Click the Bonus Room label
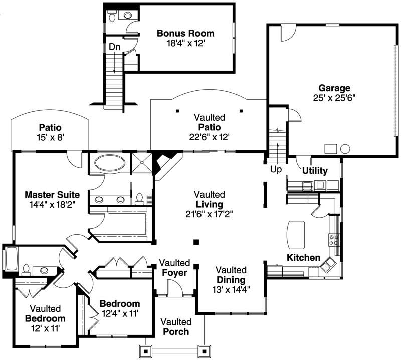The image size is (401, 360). (x=185, y=34)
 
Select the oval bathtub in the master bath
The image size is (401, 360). (x=109, y=163)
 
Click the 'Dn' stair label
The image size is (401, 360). (x=114, y=47)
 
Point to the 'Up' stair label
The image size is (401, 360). (x=276, y=170)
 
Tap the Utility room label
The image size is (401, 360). (x=315, y=171)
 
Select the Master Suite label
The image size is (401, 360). (x=52, y=194)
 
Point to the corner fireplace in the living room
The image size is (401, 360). (x=164, y=163)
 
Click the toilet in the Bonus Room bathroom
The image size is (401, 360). (x=113, y=16)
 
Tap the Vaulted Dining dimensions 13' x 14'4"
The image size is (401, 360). (x=231, y=289)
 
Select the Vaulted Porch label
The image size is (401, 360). (x=176, y=326)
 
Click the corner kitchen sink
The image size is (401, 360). (x=329, y=264)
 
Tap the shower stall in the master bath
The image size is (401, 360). (x=142, y=163)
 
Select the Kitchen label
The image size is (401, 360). (x=303, y=258)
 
